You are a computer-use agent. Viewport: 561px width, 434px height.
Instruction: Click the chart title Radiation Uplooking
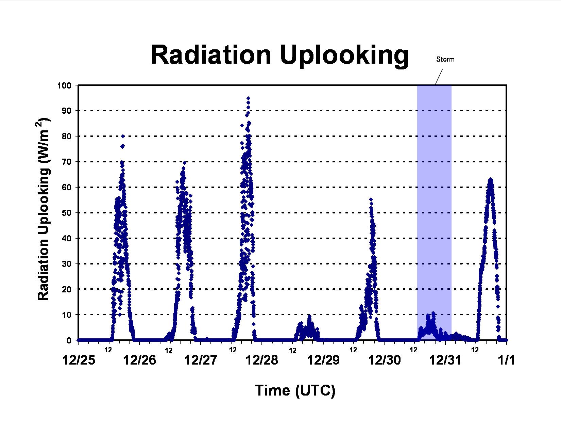tap(279, 55)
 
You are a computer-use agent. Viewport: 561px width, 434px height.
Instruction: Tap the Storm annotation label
tap(445, 59)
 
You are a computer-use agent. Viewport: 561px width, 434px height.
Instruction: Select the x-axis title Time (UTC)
tap(295, 390)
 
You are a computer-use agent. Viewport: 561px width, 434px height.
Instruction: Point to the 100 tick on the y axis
tap(64, 85)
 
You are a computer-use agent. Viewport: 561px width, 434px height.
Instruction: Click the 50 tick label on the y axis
tap(67, 213)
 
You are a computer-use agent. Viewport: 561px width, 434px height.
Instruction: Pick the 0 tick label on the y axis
tap(69, 340)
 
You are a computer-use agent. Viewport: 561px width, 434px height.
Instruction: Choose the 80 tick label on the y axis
tap(67, 136)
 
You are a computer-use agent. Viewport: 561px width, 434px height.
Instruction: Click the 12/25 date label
tap(79, 360)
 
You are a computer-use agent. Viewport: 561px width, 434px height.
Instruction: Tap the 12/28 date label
tap(262, 360)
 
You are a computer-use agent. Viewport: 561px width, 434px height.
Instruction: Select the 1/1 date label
tap(506, 360)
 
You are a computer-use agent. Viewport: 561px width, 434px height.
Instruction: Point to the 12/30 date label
tap(385, 360)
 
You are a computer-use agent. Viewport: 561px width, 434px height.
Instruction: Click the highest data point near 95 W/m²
tap(248, 98)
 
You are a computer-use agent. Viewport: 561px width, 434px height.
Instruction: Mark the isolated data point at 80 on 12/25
tap(123, 136)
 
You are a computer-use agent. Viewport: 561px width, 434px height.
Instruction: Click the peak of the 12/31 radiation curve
tap(491, 179)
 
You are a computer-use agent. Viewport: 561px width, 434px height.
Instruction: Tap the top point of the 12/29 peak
tap(371, 199)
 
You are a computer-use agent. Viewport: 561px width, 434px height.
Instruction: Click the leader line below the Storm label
tap(439, 77)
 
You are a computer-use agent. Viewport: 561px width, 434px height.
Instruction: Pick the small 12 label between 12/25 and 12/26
tap(108, 350)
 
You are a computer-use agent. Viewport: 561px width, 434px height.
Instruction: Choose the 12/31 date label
tap(445, 360)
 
